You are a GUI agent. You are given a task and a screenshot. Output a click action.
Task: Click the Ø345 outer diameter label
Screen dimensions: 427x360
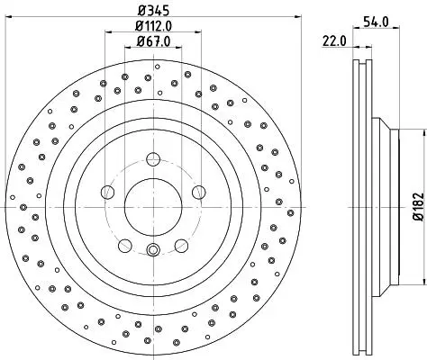click(153, 11)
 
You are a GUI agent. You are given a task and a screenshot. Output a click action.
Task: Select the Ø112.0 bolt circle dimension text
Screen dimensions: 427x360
click(153, 26)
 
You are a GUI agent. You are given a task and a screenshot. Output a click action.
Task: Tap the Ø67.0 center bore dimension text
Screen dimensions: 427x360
click(153, 41)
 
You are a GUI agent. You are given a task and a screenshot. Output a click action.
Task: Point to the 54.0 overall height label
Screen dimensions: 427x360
click(376, 22)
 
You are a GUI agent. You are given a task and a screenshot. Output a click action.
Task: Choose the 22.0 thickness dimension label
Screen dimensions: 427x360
click(334, 40)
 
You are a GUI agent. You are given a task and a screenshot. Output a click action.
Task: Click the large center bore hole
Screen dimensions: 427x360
click(153, 207)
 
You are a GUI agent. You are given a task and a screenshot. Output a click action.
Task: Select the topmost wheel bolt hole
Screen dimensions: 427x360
click(153, 159)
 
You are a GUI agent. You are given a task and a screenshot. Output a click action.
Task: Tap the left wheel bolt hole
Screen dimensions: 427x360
click(108, 192)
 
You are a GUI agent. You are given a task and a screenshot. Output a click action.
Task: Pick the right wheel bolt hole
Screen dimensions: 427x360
click(199, 192)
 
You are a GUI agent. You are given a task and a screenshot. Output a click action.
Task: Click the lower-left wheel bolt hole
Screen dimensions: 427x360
click(125, 246)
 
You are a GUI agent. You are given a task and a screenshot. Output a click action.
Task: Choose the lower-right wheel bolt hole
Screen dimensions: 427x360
click(181, 246)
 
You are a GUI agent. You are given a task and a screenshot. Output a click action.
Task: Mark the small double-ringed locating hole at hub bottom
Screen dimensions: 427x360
click(153, 249)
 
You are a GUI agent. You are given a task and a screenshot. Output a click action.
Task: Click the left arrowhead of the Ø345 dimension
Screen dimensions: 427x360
click(9, 17)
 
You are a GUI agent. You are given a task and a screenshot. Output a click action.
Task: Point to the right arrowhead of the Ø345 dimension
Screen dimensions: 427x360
click(298, 17)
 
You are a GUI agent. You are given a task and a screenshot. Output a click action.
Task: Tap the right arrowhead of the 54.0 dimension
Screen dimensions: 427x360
click(396, 28)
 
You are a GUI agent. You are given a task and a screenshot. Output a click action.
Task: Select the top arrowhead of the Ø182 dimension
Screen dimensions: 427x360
click(424, 132)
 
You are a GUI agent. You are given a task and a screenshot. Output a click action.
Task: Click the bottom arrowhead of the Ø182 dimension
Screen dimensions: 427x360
click(424, 282)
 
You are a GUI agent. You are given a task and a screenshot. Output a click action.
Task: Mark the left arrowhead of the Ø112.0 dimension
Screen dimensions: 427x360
click(108, 31)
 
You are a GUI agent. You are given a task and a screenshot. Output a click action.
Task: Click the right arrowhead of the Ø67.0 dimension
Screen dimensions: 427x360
click(178, 47)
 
